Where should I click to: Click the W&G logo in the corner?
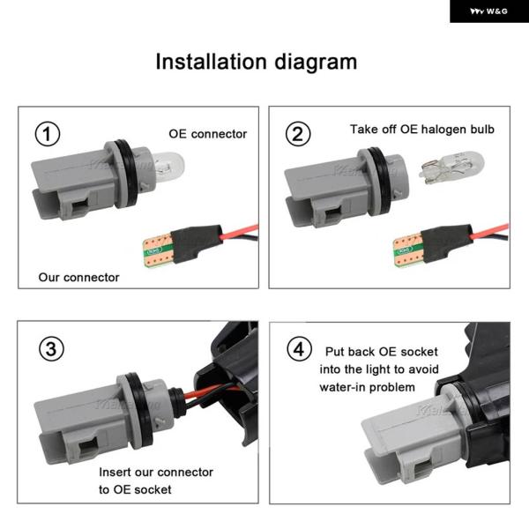pos(488,11)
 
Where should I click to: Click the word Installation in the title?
pos(212,62)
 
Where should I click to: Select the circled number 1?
pos(48,134)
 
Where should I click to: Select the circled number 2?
pos(298,134)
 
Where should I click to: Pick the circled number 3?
pos(51,349)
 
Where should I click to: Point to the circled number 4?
pos(299,349)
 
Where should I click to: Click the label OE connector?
pos(208,134)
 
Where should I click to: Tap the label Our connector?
pos(79,278)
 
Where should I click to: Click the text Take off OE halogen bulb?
pos(422,130)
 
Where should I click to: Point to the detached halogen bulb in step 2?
pos(451,168)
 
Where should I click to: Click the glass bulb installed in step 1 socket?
pos(168,166)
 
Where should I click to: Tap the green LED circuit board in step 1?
pos(159,250)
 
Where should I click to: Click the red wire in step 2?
pos(489,230)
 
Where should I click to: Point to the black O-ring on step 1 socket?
pos(128,175)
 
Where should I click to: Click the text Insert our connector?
pos(156,472)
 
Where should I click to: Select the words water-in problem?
pos(367,387)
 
